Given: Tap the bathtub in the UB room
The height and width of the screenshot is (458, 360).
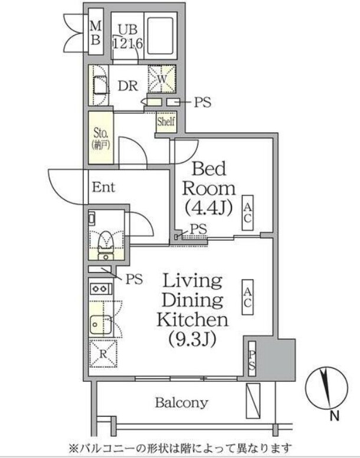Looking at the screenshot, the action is (x=161, y=36).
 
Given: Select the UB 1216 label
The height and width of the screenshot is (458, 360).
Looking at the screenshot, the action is (x=127, y=37).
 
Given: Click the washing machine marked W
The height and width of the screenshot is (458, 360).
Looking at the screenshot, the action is (x=162, y=79).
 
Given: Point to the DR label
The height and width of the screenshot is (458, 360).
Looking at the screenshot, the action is (x=128, y=86).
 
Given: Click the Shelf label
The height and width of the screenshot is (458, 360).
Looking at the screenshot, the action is (x=166, y=122).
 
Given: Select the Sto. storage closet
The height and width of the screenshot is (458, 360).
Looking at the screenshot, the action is (x=101, y=138).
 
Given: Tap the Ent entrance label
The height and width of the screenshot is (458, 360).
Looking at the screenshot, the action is (x=104, y=187).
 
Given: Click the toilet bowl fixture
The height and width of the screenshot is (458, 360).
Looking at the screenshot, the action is (x=106, y=241).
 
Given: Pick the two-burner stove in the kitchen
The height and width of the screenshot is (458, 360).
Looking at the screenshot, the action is (x=101, y=289).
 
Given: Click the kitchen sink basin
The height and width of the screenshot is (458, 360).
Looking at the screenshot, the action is (x=101, y=324).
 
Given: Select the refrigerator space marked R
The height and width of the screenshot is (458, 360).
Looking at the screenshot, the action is (x=103, y=353).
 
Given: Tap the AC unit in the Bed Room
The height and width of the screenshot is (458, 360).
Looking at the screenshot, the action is (x=247, y=212).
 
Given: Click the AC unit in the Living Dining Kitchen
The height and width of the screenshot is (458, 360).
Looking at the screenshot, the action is (x=247, y=297).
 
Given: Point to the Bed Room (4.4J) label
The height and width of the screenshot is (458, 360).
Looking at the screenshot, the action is (x=209, y=188).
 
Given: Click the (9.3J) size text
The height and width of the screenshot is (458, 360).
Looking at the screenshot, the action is (x=192, y=339).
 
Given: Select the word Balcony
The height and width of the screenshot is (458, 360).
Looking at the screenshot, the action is (x=182, y=403).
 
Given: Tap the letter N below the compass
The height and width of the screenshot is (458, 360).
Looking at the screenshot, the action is (x=335, y=416).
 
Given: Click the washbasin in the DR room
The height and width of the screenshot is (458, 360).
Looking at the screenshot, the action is (x=99, y=85).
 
